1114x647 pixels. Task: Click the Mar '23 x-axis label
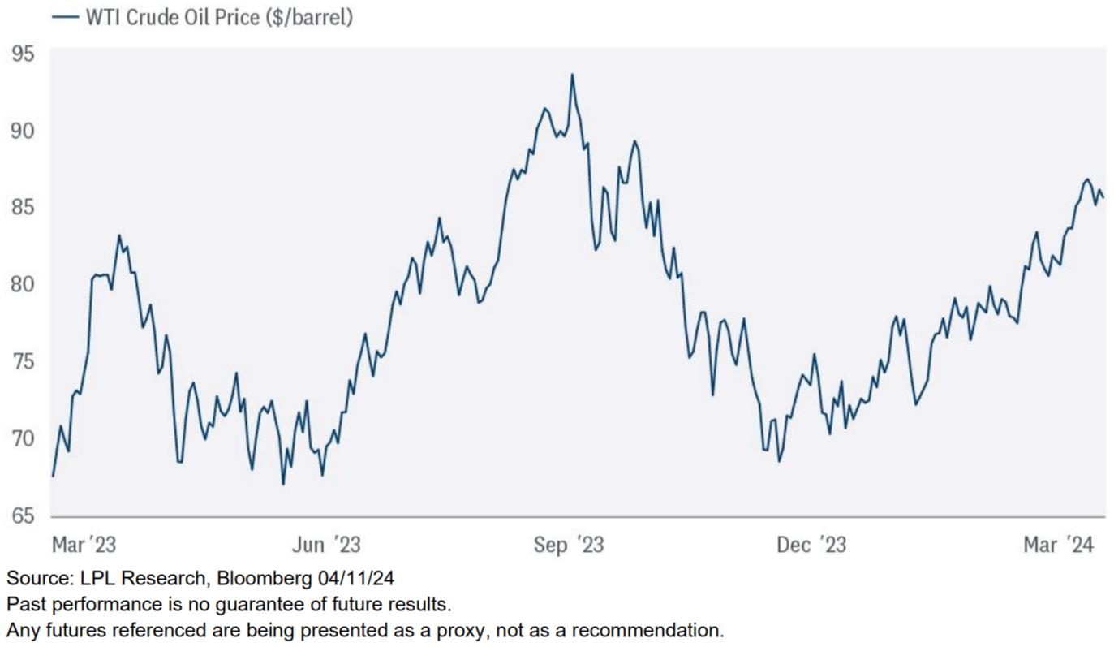tap(84, 544)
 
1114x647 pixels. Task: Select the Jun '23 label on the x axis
tap(325, 544)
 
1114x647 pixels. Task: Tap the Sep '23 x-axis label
tap(569, 544)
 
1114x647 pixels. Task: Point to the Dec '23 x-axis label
tap(811, 544)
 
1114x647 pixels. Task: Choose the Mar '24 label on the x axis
tap(1058, 544)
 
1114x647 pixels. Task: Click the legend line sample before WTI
tap(64, 16)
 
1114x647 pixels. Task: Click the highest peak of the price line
tap(572, 75)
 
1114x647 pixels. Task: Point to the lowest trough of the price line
tap(283, 485)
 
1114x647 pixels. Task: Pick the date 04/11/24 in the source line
tap(355, 579)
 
